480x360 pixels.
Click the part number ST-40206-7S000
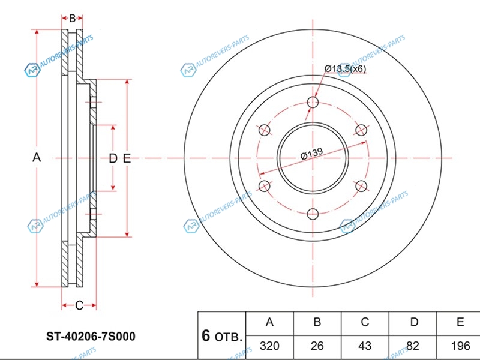point(91,337)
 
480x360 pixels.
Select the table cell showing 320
point(269,346)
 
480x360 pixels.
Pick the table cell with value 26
point(317,346)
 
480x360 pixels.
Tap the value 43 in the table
point(365,346)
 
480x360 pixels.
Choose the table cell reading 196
point(460,346)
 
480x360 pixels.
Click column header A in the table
point(269,322)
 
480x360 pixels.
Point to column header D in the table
point(414,322)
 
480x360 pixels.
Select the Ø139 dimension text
point(311,154)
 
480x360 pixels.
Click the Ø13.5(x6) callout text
point(345,68)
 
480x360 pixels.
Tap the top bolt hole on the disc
point(313,102)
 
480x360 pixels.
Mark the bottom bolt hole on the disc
point(313,214)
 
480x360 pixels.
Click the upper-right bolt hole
point(361,130)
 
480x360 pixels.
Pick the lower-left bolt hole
point(264,186)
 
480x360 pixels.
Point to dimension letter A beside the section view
point(37,158)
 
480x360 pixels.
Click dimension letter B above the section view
point(72,19)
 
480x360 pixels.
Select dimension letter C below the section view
point(79,305)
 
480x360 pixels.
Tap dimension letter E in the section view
point(127,158)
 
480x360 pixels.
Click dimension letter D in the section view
point(113,158)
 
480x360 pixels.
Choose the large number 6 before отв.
point(206,336)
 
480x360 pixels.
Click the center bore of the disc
point(313,158)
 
